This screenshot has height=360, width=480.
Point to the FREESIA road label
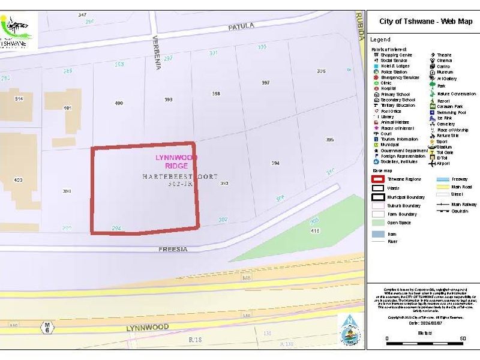pyautogui.click(x=175, y=248)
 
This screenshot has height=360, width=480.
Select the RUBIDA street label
pyautogui.click(x=361, y=26)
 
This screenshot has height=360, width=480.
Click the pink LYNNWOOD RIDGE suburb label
pyautogui.click(x=176, y=161)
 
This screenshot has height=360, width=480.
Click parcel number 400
pyautogui.click(x=119, y=103)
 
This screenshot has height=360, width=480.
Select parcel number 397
pyautogui.click(x=265, y=83)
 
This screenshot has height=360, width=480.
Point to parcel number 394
pyautogui.click(x=275, y=163)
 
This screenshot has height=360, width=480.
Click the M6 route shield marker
pyautogui.click(x=46, y=327)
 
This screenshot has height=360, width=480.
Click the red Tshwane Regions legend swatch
pyautogui.click(x=378, y=179)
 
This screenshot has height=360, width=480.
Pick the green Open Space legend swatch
pyautogui.click(x=378, y=223)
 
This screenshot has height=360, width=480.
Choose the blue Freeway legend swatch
pyautogui.click(x=442, y=179)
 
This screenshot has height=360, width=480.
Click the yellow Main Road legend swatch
pyautogui.click(x=442, y=187)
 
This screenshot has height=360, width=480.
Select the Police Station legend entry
pyautogui.click(x=394, y=72)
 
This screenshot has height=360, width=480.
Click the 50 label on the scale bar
pyautogui.click(x=463, y=339)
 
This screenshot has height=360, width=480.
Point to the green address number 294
pyautogui.click(x=117, y=229)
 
